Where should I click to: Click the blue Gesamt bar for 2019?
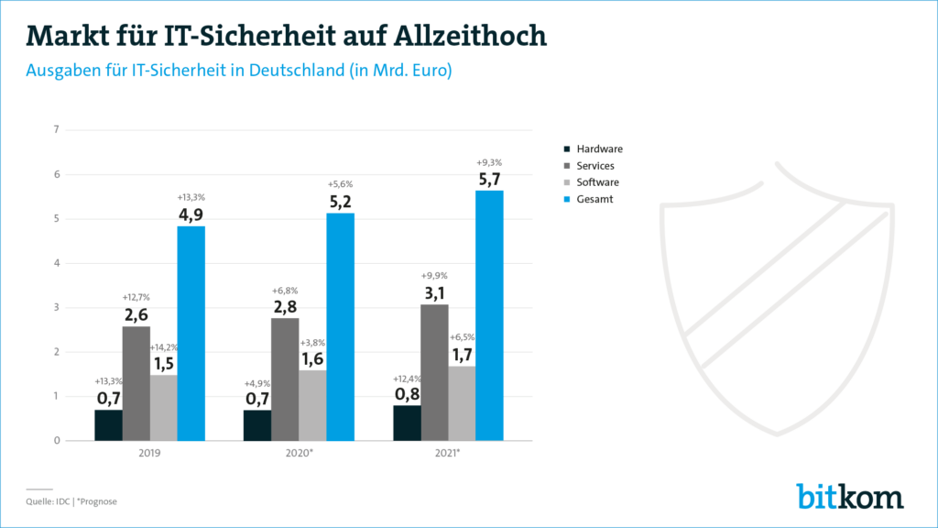(191, 333)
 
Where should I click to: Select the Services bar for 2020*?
(285, 379)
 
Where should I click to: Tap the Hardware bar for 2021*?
(407, 423)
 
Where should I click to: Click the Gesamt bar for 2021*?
(489, 315)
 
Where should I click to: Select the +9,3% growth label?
(489, 162)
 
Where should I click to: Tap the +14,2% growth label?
(165, 347)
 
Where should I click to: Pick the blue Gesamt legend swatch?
(567, 198)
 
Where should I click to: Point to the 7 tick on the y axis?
(57, 129)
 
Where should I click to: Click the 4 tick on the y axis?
(57, 263)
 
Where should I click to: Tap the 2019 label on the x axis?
(149, 454)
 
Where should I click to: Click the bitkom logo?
(849, 495)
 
